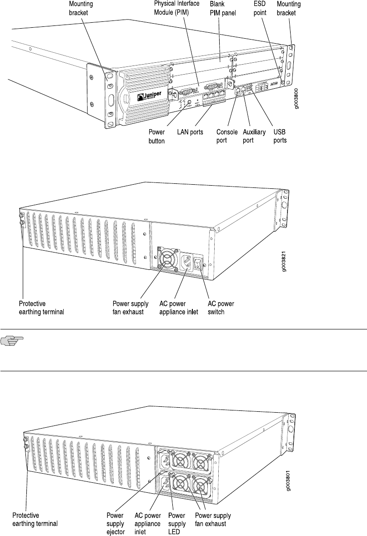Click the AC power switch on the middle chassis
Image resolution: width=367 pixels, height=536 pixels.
pos(197,263)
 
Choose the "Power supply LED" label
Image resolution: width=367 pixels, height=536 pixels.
pos(177,523)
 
